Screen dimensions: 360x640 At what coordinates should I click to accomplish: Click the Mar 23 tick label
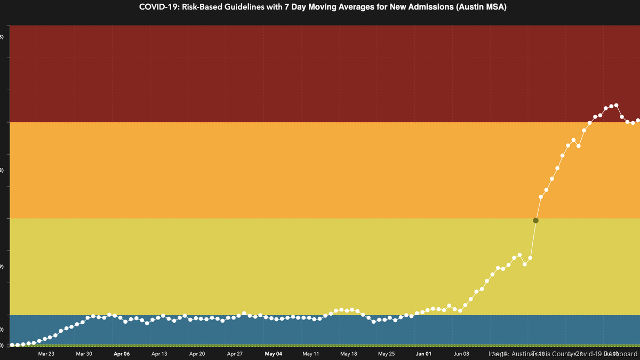(x=46, y=354)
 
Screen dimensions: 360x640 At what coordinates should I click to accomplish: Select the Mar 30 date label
(x=84, y=354)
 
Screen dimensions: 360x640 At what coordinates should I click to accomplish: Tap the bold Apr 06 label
(x=122, y=354)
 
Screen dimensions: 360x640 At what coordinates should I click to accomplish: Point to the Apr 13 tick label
(x=159, y=354)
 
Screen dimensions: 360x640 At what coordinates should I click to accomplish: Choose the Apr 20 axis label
(x=197, y=354)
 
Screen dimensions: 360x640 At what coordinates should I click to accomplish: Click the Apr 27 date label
(x=235, y=354)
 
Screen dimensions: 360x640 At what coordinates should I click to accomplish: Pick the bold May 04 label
(x=273, y=354)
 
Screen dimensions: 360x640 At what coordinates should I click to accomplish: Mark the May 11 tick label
(x=311, y=354)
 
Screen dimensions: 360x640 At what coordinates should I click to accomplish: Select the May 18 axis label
(x=348, y=354)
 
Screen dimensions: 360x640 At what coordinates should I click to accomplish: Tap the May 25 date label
(x=386, y=354)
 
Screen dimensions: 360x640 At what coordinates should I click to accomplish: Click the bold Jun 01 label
(x=424, y=354)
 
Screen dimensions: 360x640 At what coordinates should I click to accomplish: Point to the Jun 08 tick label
(x=462, y=354)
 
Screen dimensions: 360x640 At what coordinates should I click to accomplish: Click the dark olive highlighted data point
(x=536, y=220)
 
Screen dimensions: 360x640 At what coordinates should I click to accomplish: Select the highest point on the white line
(x=617, y=105)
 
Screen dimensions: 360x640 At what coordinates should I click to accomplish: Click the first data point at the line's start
(x=12, y=345)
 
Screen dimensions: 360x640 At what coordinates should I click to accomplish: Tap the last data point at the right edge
(x=638, y=121)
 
